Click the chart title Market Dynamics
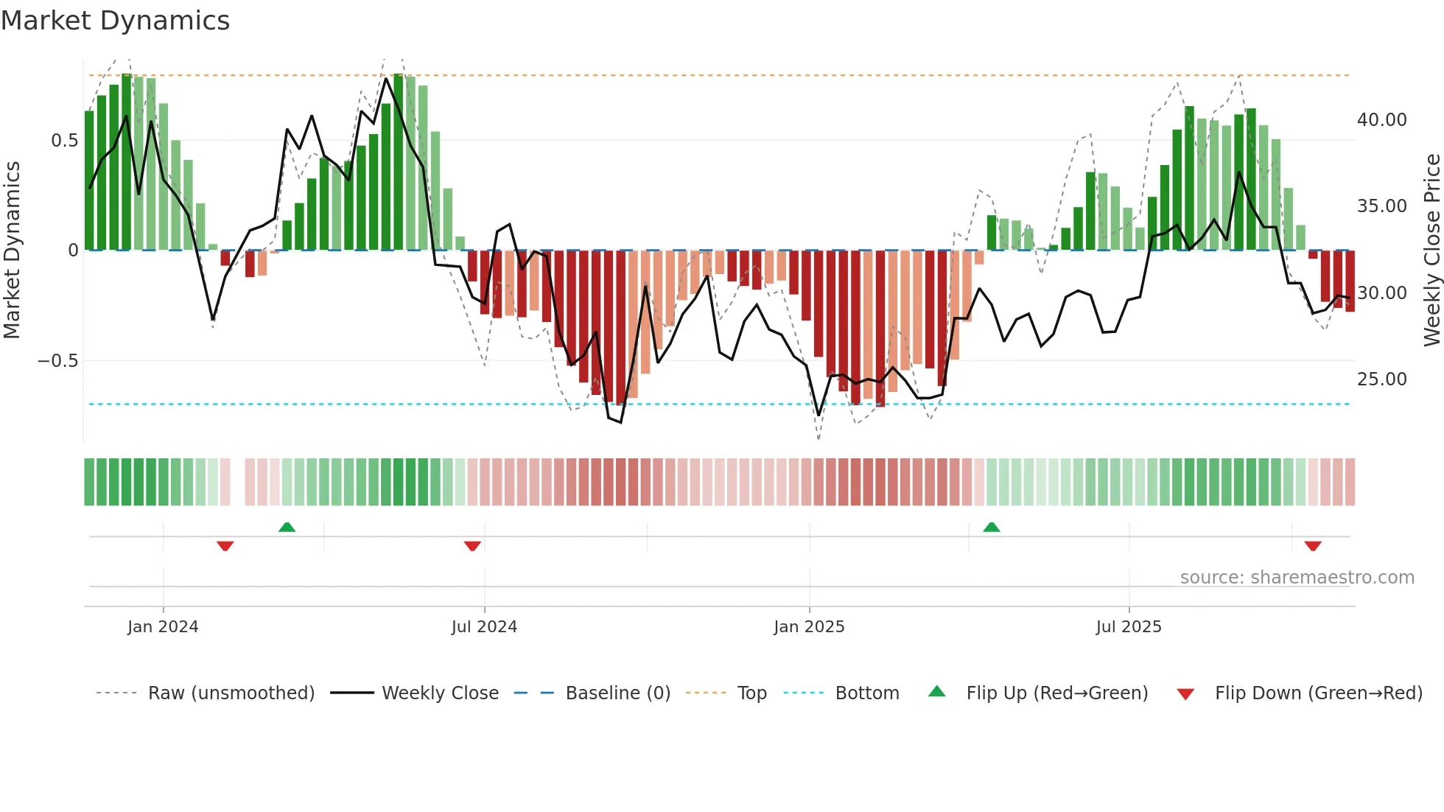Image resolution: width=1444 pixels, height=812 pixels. coord(116,21)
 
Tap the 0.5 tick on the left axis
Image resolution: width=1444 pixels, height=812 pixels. coord(64,140)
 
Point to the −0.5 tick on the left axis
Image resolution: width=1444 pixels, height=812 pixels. coord(57,360)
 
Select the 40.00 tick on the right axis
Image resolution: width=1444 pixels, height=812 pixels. coord(1381,119)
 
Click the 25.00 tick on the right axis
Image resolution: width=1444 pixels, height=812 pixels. coord(1381,379)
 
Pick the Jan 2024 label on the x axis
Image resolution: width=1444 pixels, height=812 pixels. coord(163,626)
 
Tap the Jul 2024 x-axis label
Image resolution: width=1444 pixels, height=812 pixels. coord(484,626)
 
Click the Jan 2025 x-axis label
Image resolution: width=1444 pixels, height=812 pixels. coord(809,626)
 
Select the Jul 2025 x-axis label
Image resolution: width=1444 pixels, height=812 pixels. coord(1129,626)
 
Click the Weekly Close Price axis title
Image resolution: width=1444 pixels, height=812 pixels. coord(1431,250)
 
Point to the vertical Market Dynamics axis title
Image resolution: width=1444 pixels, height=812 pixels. coord(12,250)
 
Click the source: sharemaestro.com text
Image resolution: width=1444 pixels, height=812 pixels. coord(1297,577)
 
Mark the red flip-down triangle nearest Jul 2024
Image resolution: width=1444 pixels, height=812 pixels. coord(472,545)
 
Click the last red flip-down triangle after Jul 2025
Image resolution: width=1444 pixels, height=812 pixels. coord(1313,545)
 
